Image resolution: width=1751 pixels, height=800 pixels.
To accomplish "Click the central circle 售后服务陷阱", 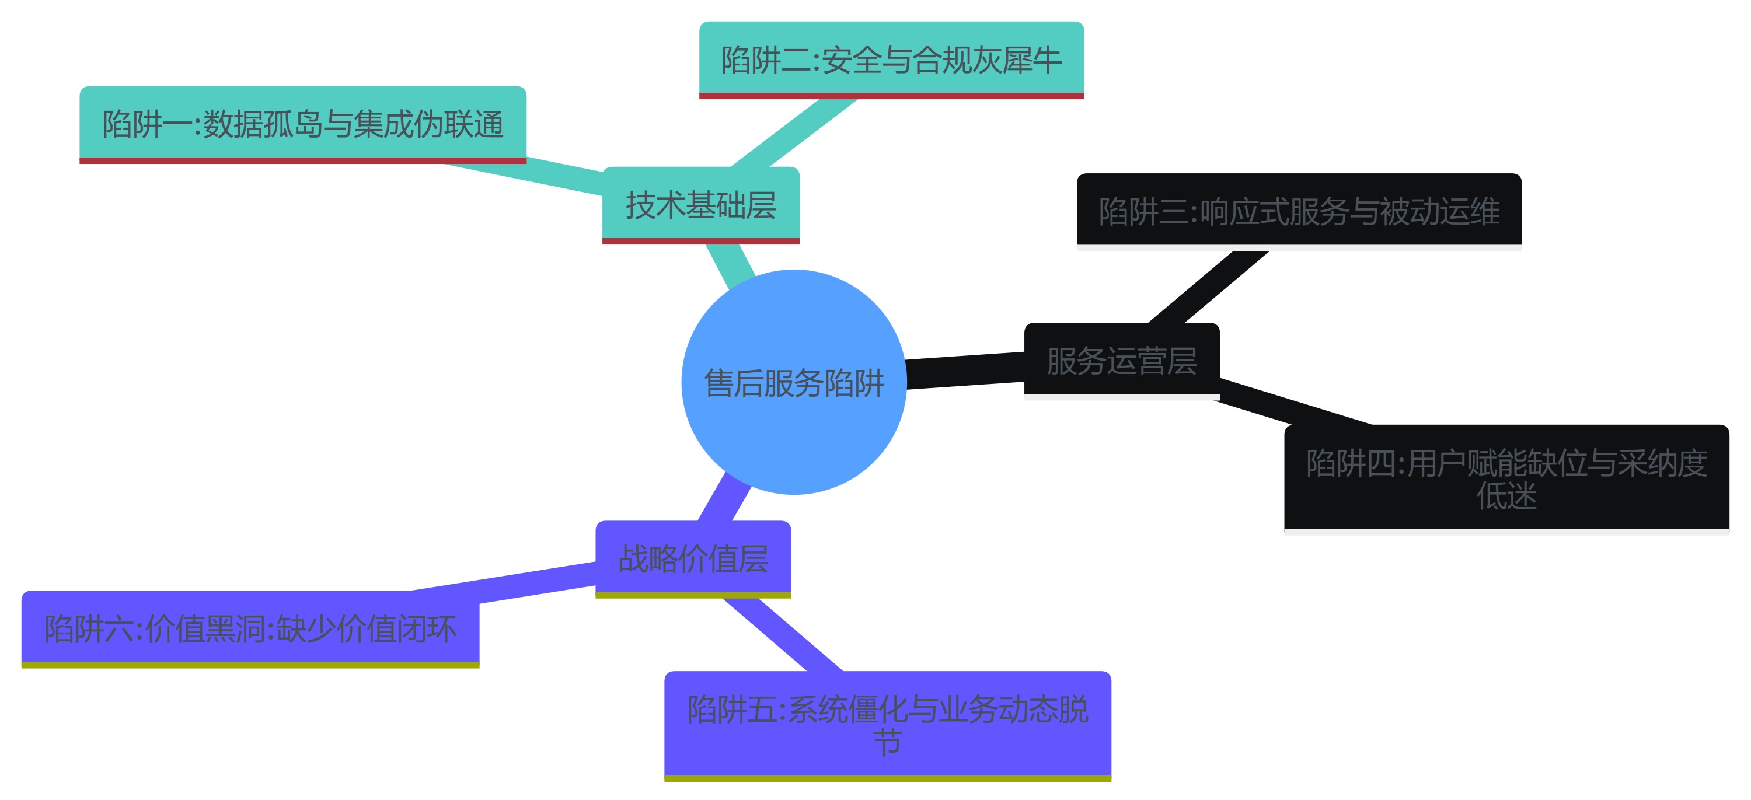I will tap(793, 382).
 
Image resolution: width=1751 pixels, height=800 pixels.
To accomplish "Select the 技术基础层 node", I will tap(700, 205).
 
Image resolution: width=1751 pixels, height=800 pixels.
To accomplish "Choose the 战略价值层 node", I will tap(693, 558).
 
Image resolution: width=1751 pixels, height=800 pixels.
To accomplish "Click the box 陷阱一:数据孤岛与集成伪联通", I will tap(302, 124).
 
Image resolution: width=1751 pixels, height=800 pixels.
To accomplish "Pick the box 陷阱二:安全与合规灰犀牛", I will tap(891, 60).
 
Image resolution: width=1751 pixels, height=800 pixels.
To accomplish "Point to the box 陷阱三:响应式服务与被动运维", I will tap(1298, 211).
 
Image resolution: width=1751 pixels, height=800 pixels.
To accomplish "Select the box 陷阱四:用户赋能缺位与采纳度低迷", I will tap(1506, 478).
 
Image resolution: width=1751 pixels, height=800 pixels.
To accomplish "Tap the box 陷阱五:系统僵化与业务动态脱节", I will tap(887, 725).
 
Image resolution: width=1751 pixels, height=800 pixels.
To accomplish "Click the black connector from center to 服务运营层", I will tap(965, 371).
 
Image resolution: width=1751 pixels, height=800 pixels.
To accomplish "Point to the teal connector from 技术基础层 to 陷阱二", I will tap(792, 132).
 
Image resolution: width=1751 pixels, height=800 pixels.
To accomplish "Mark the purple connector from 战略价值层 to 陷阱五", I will tap(782, 634).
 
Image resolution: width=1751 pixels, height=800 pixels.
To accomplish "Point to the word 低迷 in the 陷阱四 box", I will tap(1506, 495).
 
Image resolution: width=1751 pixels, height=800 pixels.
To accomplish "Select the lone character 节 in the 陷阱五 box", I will tap(887, 742).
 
